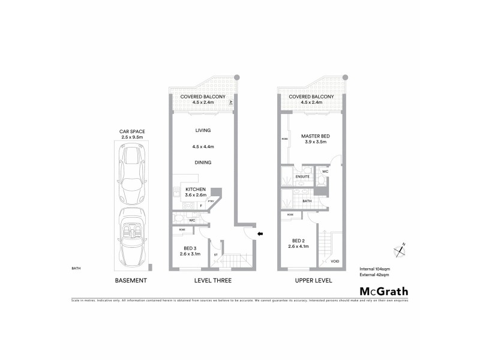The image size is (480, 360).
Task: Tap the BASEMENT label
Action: pyautogui.click(x=130, y=280)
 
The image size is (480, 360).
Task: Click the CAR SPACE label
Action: pyautogui.click(x=132, y=133)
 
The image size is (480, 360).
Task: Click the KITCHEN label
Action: pyautogui.click(x=195, y=189)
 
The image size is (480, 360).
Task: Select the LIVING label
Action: pyautogui.click(x=203, y=131)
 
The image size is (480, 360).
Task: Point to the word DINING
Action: pyautogui.click(x=203, y=163)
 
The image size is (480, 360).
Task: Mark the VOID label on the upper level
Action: pyautogui.click(x=334, y=262)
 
